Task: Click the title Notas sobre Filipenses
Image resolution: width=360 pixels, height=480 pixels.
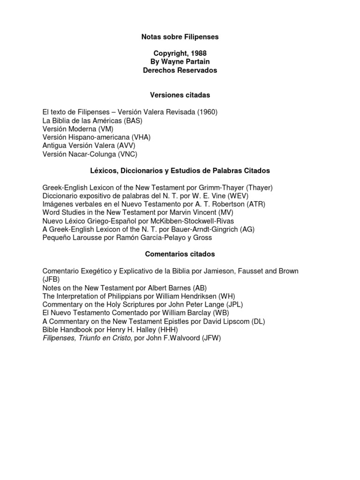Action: pyautogui.click(x=180, y=37)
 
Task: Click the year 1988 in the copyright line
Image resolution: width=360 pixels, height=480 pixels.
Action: pyautogui.click(x=197, y=53)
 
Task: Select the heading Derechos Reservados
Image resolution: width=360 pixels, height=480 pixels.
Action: pyautogui.click(x=180, y=70)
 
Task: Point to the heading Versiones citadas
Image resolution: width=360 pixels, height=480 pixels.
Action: pyautogui.click(x=180, y=95)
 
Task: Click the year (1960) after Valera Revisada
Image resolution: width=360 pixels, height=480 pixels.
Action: pyautogui.click(x=207, y=112)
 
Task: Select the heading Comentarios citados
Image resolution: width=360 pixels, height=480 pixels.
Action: pyautogui.click(x=180, y=254)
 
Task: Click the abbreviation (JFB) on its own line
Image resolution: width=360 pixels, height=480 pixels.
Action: pyautogui.click(x=51, y=279)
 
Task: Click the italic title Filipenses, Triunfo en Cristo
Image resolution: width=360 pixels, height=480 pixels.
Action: pyautogui.click(x=87, y=337)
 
